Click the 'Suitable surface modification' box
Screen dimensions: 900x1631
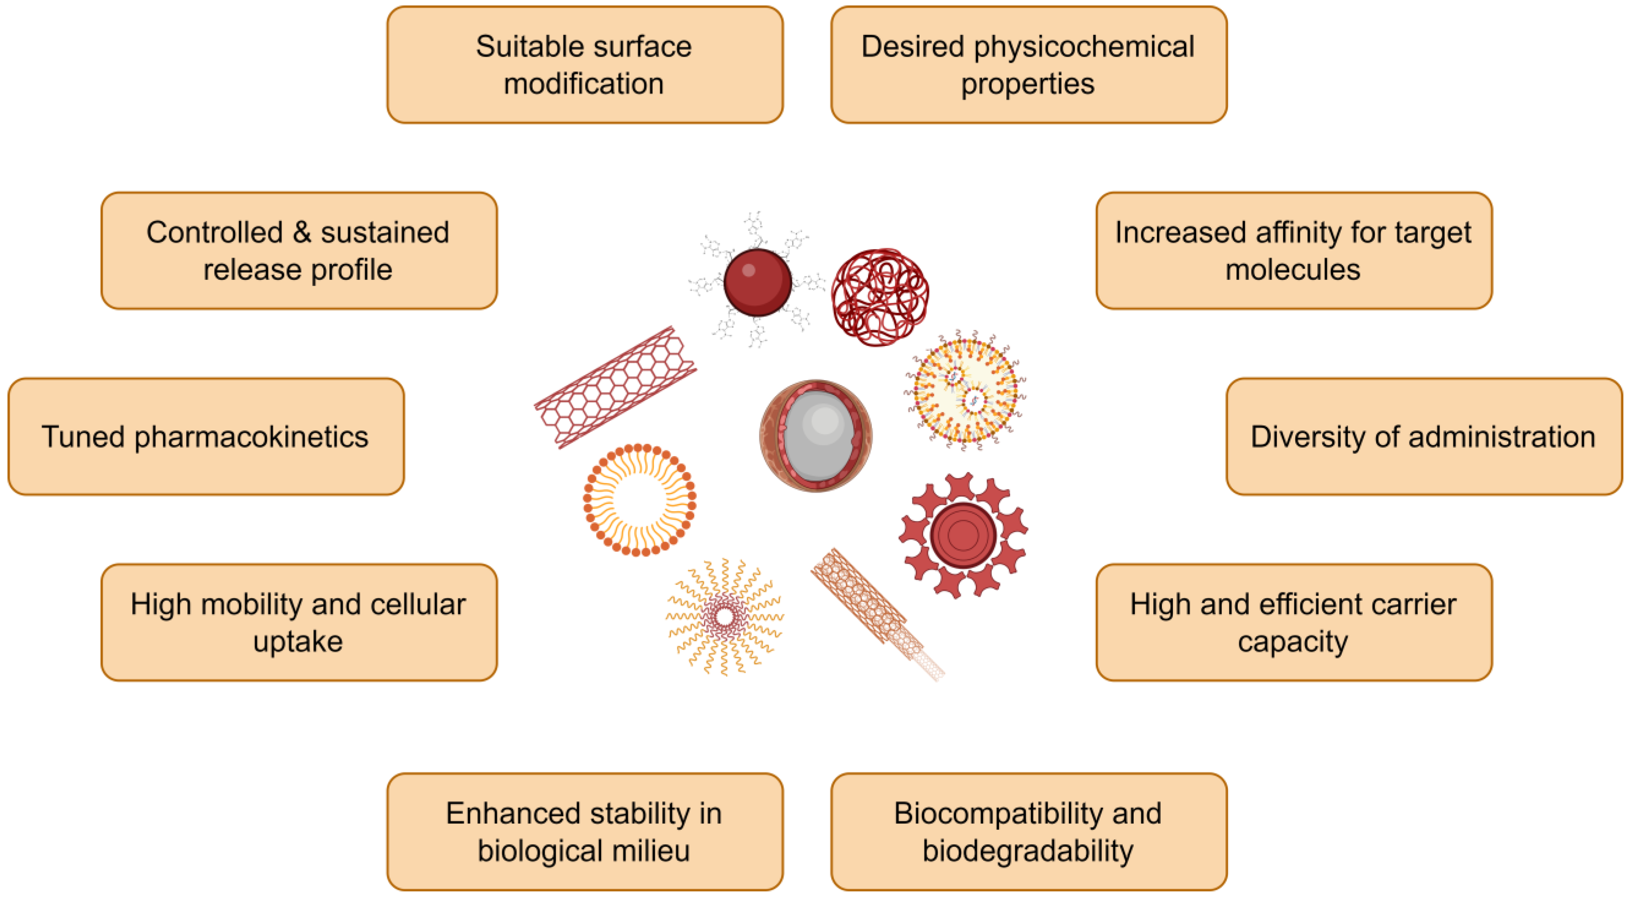(585, 64)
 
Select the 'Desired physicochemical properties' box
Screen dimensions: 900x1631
(1028, 64)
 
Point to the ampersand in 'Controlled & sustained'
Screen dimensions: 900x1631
(301, 233)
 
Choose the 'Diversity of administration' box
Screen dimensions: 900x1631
(1423, 437)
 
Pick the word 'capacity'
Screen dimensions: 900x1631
(1293, 642)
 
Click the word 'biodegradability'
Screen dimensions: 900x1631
(1028, 851)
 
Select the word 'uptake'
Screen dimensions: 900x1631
(298, 642)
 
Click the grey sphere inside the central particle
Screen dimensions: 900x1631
(818, 435)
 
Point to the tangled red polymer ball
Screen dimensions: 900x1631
(880, 297)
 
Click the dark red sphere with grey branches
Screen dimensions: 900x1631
(757, 282)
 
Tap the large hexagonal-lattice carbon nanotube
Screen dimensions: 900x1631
(616, 387)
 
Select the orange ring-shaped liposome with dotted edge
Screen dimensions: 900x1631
(640, 500)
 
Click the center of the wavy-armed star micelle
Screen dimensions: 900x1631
(725, 616)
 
